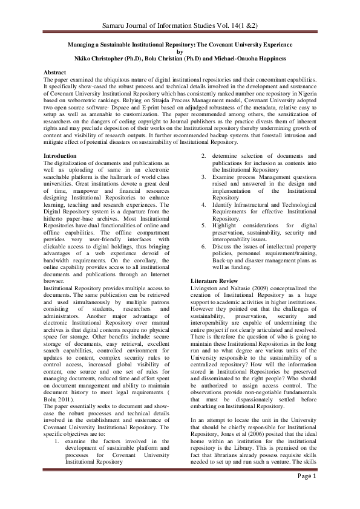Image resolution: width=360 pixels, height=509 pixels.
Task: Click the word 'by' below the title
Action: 179,53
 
